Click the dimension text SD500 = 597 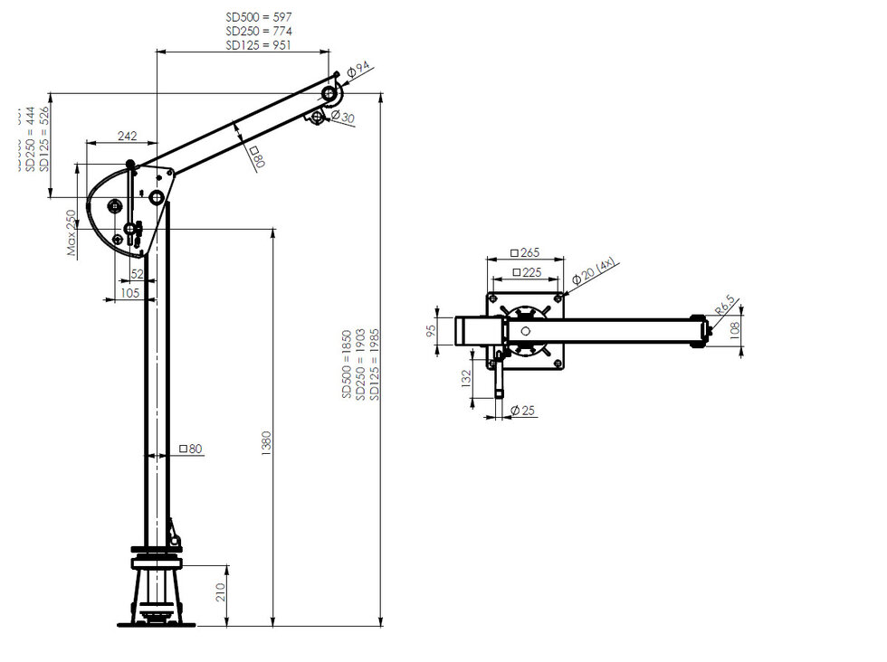click(258, 17)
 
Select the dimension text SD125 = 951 click(258, 44)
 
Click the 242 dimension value click(128, 137)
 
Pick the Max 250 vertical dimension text click(72, 233)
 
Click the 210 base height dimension click(221, 592)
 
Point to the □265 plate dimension click(524, 253)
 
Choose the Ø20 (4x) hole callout click(595, 272)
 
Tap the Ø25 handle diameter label click(523, 411)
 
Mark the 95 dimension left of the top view click(433, 330)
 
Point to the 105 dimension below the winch click(129, 293)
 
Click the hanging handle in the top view click(499, 375)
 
